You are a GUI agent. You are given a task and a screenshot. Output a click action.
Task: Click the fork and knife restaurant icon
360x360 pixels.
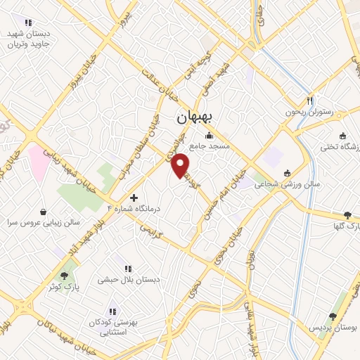[x=309, y=100]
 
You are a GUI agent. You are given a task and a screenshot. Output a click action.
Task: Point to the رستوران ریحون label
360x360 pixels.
[x=307, y=112]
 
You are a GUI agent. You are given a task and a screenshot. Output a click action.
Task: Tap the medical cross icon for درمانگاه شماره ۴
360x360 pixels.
[x=134, y=199]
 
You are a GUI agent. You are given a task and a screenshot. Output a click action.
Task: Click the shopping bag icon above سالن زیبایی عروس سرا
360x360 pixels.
[x=44, y=211]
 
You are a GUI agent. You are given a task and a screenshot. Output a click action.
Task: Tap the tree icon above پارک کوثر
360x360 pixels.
[x=64, y=276]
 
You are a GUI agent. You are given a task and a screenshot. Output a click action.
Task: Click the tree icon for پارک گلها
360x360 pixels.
[x=347, y=215]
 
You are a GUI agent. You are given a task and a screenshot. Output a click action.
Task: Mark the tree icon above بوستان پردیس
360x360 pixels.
[x=333, y=317]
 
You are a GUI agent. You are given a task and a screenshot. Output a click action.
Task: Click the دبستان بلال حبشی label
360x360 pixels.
[x=134, y=279]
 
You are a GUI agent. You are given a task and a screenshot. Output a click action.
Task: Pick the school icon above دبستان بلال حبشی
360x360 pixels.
[x=127, y=268]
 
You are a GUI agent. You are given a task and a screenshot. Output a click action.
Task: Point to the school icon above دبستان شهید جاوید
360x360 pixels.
[x=28, y=23]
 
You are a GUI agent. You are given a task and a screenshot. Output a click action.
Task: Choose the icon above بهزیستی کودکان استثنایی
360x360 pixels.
[x=111, y=311]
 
